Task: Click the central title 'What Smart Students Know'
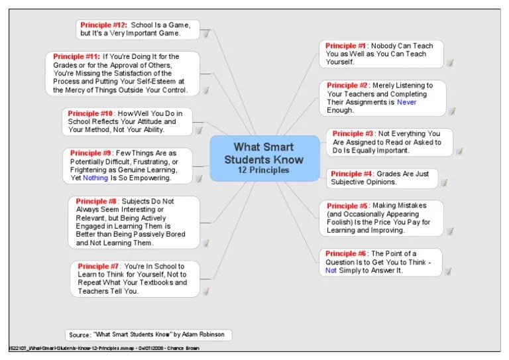pos(264,153)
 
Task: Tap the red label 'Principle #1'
pos(346,46)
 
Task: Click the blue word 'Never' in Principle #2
pos(407,103)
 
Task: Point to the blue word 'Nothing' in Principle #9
pos(95,178)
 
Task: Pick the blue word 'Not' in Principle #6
pos(331,270)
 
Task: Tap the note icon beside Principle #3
pos(459,151)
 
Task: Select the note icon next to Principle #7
pos(205,291)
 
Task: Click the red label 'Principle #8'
pos(96,201)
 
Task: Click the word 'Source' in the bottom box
pos(80,335)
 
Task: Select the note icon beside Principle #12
pos(205,34)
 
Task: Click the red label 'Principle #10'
pos(91,113)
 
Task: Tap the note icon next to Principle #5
pos(449,231)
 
